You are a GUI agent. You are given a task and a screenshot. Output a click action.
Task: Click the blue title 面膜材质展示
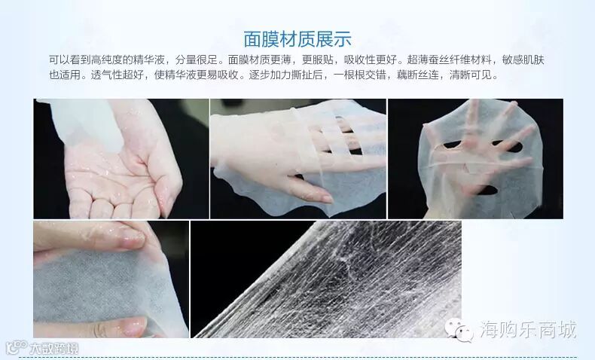point(297,39)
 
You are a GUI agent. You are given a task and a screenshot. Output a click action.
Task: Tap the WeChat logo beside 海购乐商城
point(459,329)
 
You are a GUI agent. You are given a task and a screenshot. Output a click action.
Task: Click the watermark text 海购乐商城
point(529,329)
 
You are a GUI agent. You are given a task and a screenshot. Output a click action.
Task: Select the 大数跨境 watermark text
point(53,348)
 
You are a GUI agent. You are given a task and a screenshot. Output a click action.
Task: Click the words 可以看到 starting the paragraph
point(70,59)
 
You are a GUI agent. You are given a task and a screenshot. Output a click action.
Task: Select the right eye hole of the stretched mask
point(508,146)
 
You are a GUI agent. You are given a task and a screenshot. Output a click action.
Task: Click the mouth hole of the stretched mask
point(487,190)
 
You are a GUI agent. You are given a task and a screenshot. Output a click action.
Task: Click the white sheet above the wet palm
point(87,121)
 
